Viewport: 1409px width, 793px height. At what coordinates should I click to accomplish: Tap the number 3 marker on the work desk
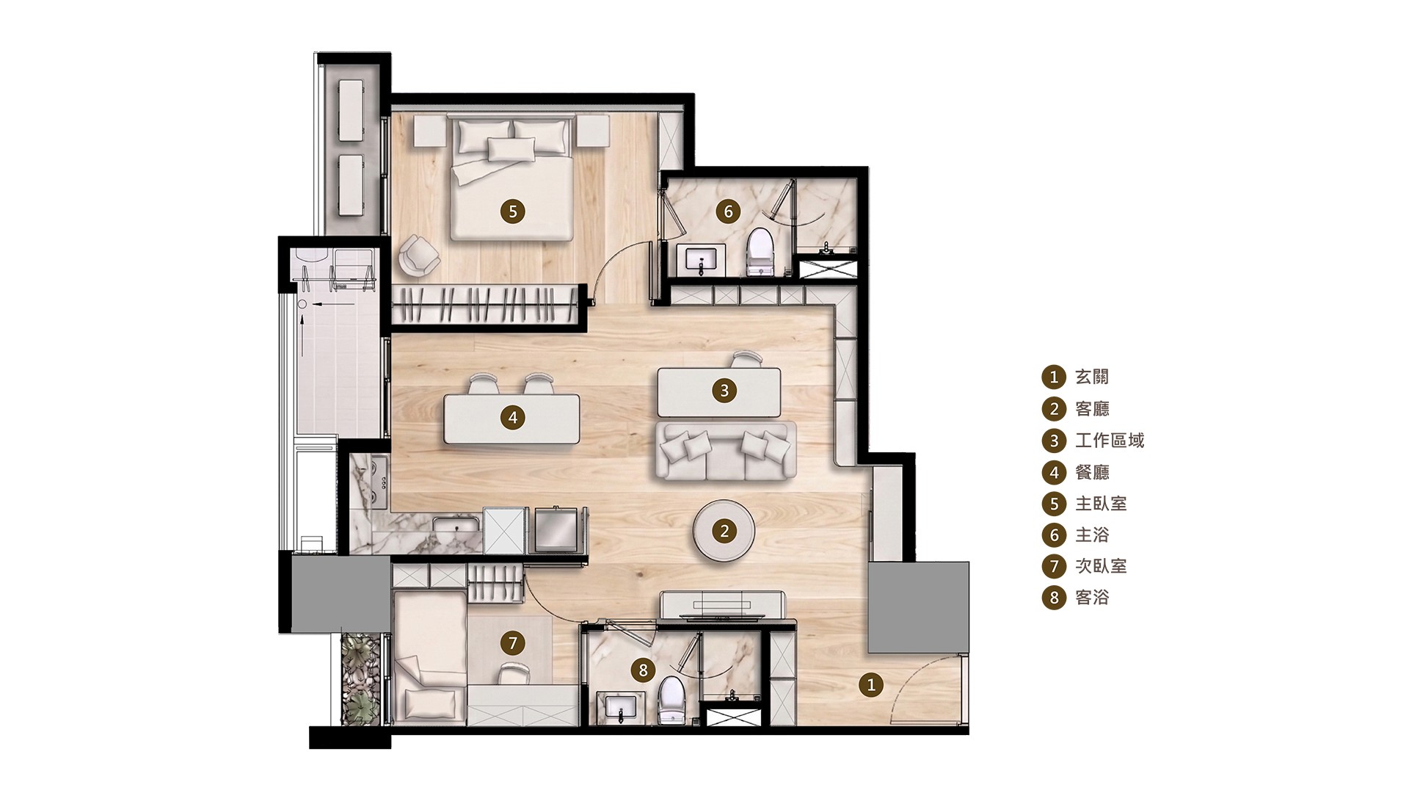click(x=724, y=390)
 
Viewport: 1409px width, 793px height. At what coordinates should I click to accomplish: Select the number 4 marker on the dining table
click(x=512, y=418)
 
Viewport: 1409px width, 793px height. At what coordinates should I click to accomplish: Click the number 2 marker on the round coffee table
click(x=724, y=531)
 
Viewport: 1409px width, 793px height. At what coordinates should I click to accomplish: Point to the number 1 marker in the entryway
click(x=871, y=686)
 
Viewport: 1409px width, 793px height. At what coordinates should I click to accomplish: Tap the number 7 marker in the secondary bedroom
click(x=512, y=644)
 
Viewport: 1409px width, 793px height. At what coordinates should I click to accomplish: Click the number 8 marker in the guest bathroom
click(x=643, y=670)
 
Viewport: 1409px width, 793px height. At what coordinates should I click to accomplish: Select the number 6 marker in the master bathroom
click(x=728, y=211)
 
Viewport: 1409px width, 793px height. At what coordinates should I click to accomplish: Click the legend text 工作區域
click(x=1110, y=441)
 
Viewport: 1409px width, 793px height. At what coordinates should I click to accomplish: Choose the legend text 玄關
click(x=1092, y=377)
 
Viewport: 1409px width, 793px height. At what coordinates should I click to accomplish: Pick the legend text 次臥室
click(x=1101, y=566)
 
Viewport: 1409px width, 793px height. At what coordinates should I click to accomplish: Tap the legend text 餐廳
click(x=1092, y=472)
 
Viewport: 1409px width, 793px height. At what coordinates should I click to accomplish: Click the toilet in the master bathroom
click(x=760, y=252)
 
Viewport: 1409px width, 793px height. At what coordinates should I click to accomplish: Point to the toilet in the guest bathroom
click(x=671, y=699)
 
